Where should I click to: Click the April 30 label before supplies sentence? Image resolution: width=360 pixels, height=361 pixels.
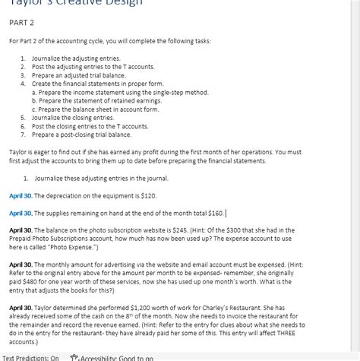(x=21, y=213)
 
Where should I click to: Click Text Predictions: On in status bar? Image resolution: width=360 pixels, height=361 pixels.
(x=30, y=356)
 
